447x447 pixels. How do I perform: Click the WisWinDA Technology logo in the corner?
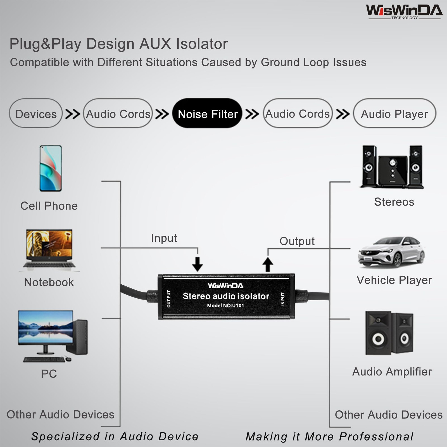coord(404,12)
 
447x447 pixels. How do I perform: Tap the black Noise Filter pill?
coord(207,113)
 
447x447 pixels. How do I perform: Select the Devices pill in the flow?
coord(36,113)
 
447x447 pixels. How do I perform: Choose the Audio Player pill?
coord(394,113)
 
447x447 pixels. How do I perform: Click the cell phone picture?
coord(51,168)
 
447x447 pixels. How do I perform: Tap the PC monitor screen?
coord(46,327)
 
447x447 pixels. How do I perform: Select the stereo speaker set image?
coord(392,167)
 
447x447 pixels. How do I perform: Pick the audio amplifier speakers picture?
coord(389,333)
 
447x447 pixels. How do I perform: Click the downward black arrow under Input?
coord(198,264)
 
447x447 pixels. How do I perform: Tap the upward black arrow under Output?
coord(268,264)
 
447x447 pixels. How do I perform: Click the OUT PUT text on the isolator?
coord(169,299)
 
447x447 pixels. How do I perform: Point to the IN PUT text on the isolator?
coord(283,299)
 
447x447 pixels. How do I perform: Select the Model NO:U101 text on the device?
coord(225,305)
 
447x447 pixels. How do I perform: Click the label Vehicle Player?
coord(394,280)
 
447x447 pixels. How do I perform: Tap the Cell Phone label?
coord(49,206)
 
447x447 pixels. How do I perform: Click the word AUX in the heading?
coord(155,44)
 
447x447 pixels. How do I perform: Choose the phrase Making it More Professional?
coord(329,437)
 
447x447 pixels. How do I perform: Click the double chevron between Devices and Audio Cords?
coord(73,114)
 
